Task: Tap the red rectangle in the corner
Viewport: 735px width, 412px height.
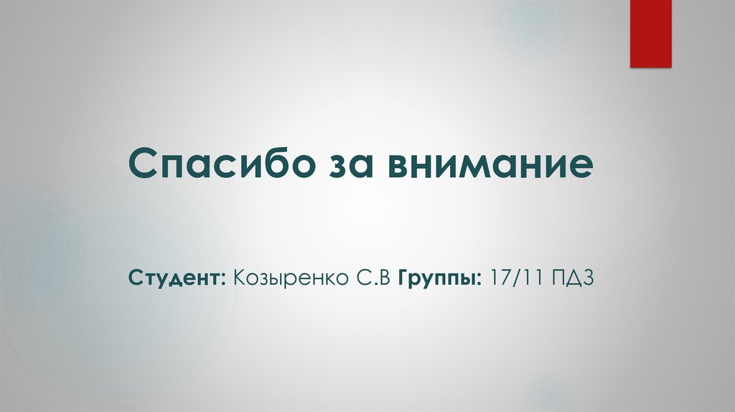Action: tap(650, 33)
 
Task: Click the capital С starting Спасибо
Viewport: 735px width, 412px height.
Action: tap(144, 164)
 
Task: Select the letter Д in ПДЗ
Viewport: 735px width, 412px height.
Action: tap(573, 277)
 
